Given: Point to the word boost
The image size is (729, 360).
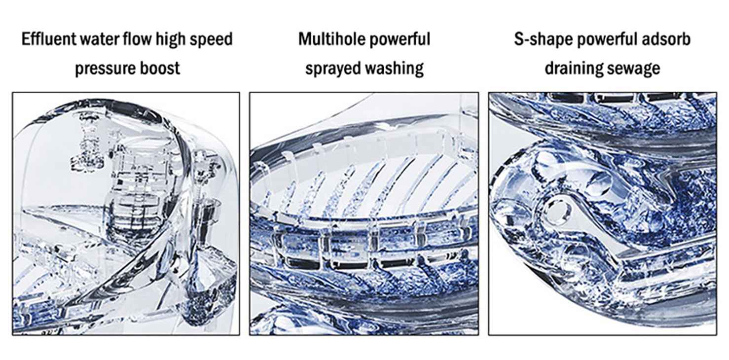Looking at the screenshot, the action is pos(159,68).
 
